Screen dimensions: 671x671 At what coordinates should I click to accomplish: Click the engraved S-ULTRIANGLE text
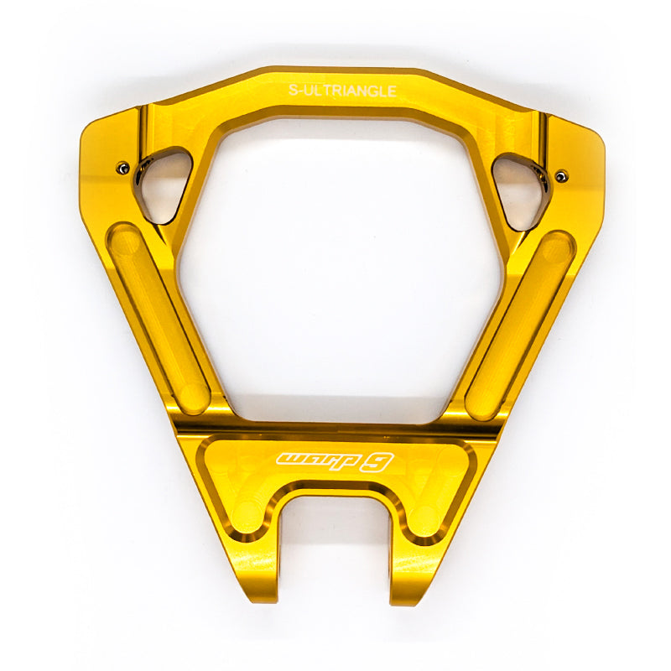342,91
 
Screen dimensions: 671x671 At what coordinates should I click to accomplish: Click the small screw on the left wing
123,167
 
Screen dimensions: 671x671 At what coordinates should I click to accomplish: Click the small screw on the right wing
561,175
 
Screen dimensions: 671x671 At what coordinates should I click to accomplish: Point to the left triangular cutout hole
163,184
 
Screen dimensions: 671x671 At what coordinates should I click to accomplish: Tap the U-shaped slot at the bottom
335,544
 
